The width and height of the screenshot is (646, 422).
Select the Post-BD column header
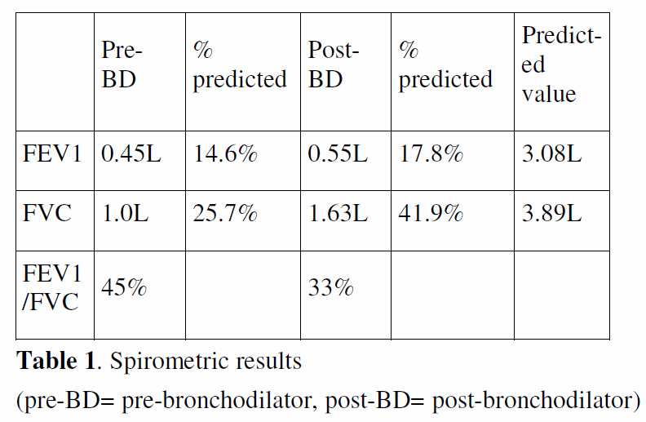pos(334,64)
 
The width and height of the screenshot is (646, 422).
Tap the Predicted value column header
pos(561,64)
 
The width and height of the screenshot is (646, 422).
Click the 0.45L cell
pos(130,153)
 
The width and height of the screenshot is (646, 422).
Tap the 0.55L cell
pos(338,153)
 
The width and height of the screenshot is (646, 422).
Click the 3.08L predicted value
pos(552,153)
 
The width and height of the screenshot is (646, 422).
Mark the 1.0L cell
pos(123,215)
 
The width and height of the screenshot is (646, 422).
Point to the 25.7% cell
pos(225,215)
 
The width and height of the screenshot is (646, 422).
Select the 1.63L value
pos(338,215)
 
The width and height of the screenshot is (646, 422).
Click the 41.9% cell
pos(431,215)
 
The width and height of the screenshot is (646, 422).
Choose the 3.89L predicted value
pos(552,215)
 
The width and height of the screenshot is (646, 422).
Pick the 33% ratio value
pos(330,288)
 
